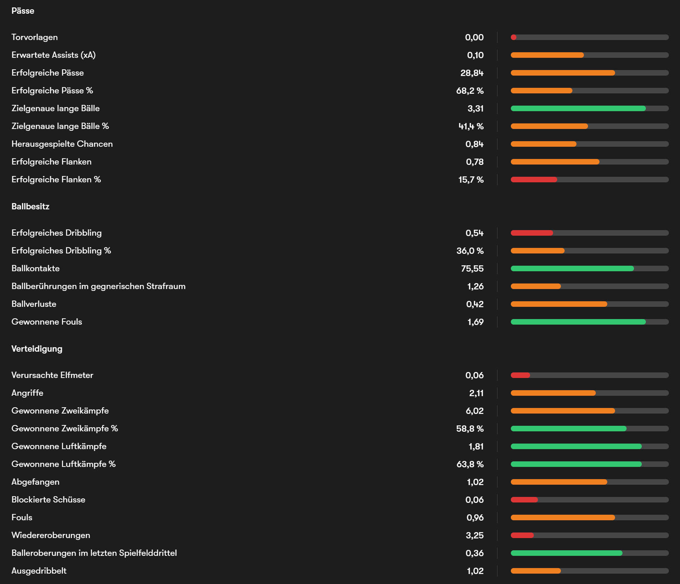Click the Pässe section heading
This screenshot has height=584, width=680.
[23, 11]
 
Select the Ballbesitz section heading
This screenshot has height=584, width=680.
[30, 206]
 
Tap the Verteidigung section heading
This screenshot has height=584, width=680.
[37, 349]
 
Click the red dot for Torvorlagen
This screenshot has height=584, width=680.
[514, 37]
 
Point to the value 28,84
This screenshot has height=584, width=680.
[472, 73]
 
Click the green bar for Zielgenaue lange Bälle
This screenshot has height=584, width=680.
[578, 109]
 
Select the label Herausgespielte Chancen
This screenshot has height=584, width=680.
[62, 144]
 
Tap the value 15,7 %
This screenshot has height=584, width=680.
[471, 180]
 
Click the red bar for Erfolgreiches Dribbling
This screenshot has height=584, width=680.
[532, 233]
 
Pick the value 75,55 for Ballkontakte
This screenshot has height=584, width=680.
[472, 269]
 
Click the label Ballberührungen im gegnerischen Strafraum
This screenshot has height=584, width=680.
[98, 286]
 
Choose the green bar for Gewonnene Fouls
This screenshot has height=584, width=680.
[578, 322]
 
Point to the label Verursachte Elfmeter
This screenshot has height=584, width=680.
[52, 375]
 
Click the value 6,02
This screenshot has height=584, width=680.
[474, 411]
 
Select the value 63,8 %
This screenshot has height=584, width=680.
[470, 464]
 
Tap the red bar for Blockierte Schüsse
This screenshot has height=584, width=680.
[524, 500]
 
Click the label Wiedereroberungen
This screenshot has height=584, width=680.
[51, 535]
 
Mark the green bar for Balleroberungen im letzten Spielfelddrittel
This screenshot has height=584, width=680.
[566, 553]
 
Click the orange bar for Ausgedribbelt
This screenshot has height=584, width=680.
[536, 571]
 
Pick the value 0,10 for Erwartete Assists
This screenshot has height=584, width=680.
[475, 55]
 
